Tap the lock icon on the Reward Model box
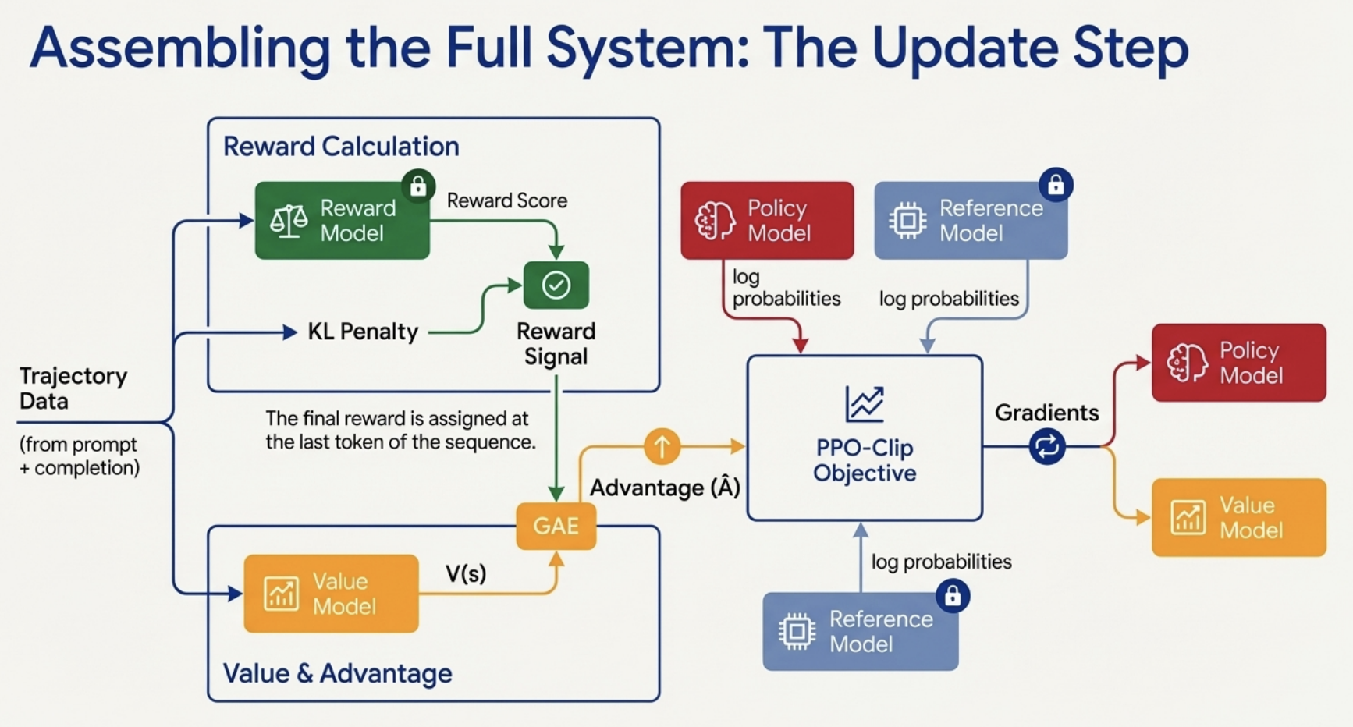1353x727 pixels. point(418,186)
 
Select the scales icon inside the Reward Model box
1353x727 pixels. point(288,221)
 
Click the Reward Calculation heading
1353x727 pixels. point(341,147)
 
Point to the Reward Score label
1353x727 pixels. point(506,200)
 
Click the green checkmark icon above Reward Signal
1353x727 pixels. point(556,285)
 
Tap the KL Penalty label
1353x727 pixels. point(363,332)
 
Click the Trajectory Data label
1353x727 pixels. point(73,388)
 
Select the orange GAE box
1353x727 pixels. point(556,526)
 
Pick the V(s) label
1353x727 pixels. point(466,574)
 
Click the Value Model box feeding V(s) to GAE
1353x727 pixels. point(331,594)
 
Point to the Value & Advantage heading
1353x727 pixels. point(337,673)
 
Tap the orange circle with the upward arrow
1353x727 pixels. point(662,446)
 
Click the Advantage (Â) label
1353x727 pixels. point(665,488)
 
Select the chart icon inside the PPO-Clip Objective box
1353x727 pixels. point(865,403)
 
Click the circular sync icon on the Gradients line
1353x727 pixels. point(1046,446)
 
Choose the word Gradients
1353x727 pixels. point(1046,413)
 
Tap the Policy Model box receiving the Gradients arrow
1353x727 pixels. point(1238,363)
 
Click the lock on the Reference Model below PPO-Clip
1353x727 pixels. point(953,597)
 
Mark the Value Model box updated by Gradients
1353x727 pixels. point(1238,517)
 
